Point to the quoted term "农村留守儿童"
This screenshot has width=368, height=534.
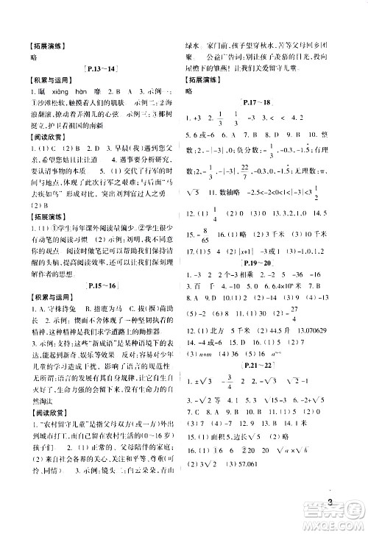click(48, 433)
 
